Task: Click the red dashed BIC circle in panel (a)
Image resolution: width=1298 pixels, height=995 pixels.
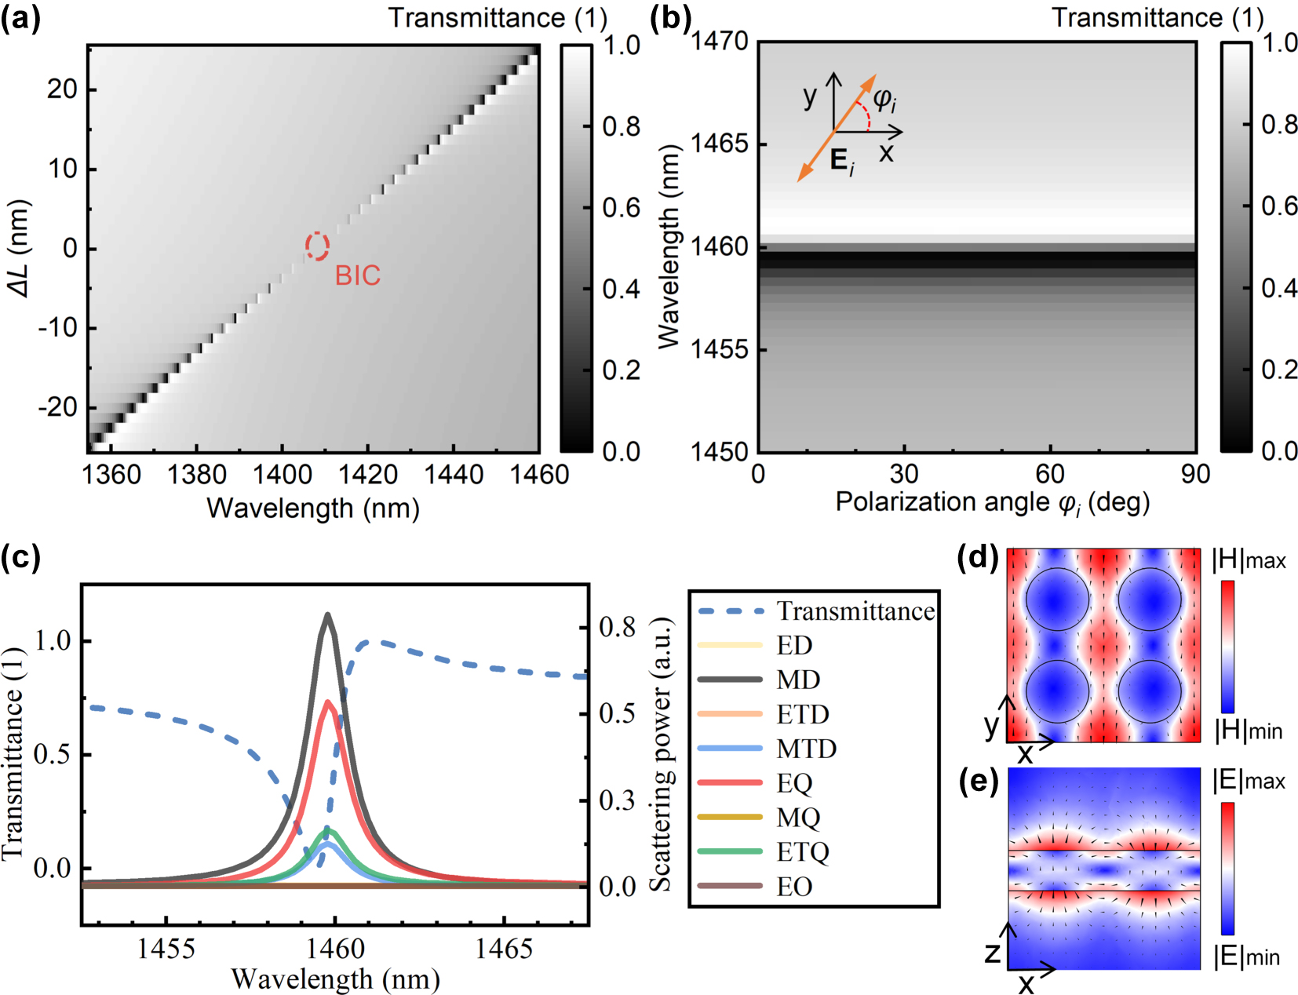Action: coord(317,246)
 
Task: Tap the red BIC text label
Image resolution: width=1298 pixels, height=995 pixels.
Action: coord(357,275)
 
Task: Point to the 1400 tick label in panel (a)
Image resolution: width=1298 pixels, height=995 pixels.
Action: coord(282,475)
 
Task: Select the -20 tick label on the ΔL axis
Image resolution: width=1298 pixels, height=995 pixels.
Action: coord(57,407)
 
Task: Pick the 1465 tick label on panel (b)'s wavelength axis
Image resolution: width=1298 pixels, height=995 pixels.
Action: coord(719,144)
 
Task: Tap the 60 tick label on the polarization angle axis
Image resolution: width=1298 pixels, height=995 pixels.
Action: coord(1049,474)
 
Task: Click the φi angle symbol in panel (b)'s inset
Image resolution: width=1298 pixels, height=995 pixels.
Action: coord(885,100)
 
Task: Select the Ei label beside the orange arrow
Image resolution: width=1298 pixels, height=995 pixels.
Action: coord(842,162)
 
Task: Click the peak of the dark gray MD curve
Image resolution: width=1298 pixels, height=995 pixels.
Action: coord(328,615)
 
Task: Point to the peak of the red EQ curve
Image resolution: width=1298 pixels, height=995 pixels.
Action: coord(329,702)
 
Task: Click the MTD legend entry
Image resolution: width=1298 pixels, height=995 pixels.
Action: coord(806,749)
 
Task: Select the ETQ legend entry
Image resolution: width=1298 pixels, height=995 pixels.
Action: coord(802,852)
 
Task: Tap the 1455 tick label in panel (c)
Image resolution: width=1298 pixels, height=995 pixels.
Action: coord(166,949)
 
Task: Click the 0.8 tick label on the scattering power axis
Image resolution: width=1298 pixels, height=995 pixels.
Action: coord(617,627)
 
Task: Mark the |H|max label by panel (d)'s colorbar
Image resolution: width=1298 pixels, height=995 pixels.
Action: coord(1249,560)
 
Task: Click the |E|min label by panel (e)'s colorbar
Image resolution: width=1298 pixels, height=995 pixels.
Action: coord(1247,957)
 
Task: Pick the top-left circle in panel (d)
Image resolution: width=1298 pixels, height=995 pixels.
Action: coord(1057,600)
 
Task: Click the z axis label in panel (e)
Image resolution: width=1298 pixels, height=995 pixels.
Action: coord(993,953)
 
